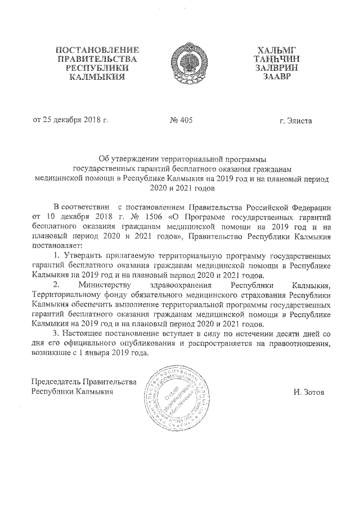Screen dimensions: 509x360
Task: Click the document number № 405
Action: pos(181,121)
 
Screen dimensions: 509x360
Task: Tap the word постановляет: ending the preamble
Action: pos(57,245)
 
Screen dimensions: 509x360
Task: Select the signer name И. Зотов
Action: pos(309,391)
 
